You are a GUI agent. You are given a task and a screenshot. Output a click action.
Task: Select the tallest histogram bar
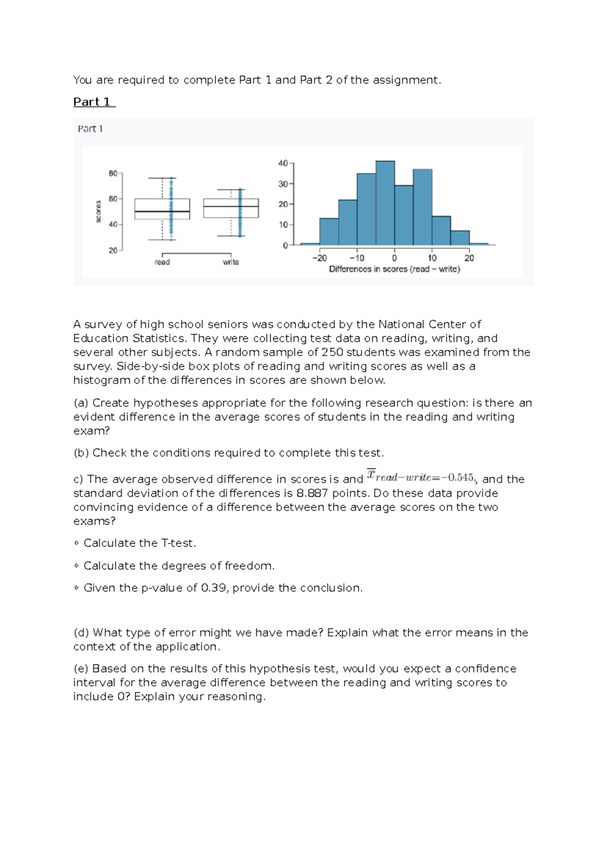385,202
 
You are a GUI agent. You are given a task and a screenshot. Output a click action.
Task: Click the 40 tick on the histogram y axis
283,163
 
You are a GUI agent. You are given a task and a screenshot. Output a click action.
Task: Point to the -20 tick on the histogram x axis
320,258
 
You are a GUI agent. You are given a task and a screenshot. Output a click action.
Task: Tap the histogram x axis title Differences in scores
394,269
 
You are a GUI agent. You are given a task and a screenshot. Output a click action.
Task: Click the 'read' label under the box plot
162,262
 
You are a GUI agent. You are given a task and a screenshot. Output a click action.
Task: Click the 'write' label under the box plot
231,262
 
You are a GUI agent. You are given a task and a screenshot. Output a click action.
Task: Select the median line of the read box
162,211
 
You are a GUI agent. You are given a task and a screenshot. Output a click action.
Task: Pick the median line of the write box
231,206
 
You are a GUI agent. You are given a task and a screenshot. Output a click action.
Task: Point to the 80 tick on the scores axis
113,174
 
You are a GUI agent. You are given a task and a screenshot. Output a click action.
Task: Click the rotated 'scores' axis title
99,211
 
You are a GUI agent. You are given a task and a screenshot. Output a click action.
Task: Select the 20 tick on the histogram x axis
469,258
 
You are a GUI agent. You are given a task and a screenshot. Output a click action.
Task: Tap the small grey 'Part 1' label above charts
91,129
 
